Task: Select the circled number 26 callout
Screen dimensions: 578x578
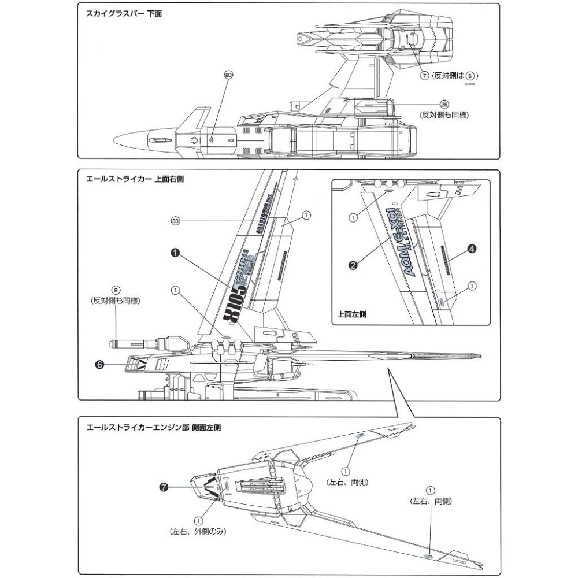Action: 444,104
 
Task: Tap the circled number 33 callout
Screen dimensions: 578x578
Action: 176,220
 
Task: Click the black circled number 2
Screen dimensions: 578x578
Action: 353,265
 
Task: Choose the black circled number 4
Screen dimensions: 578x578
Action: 472,249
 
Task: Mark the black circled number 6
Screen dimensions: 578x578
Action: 99,365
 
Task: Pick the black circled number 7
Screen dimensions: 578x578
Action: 165,487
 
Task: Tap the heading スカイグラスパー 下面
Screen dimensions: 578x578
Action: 124,12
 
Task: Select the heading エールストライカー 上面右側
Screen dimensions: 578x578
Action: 135,179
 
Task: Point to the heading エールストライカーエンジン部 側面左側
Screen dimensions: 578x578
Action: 153,428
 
